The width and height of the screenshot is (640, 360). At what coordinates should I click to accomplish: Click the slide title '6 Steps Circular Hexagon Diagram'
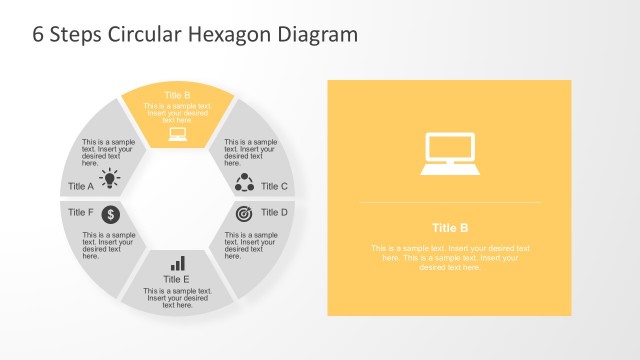click(x=195, y=35)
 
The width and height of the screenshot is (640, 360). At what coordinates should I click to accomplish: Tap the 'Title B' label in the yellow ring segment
click(x=178, y=96)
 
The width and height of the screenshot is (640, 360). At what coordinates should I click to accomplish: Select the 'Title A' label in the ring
click(x=81, y=186)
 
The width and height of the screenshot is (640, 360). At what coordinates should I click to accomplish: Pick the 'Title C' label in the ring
click(x=274, y=186)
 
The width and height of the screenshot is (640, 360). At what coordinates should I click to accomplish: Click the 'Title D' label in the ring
click(x=274, y=212)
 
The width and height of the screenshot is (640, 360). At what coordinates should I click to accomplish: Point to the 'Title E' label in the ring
click(x=178, y=280)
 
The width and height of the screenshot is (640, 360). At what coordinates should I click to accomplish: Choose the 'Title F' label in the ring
click(x=81, y=212)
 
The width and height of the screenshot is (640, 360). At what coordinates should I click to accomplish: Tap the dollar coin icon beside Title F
click(x=111, y=214)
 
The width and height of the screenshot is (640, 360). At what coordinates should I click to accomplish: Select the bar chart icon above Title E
click(x=178, y=263)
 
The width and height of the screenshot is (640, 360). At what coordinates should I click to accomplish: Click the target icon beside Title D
click(x=244, y=214)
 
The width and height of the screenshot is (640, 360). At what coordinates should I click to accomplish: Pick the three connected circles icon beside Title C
click(x=244, y=182)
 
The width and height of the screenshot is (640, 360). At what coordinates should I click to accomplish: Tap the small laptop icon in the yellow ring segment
click(x=178, y=134)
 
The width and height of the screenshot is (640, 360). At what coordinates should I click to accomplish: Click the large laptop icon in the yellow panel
click(x=449, y=153)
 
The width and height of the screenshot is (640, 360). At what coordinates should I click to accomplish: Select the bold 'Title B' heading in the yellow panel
click(x=450, y=227)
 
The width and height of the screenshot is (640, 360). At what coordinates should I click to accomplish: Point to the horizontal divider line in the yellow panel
click(x=450, y=203)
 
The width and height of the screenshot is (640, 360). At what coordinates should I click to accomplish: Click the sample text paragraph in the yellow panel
click(x=450, y=257)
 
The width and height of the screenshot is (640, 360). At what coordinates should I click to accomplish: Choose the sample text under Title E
click(x=178, y=298)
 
